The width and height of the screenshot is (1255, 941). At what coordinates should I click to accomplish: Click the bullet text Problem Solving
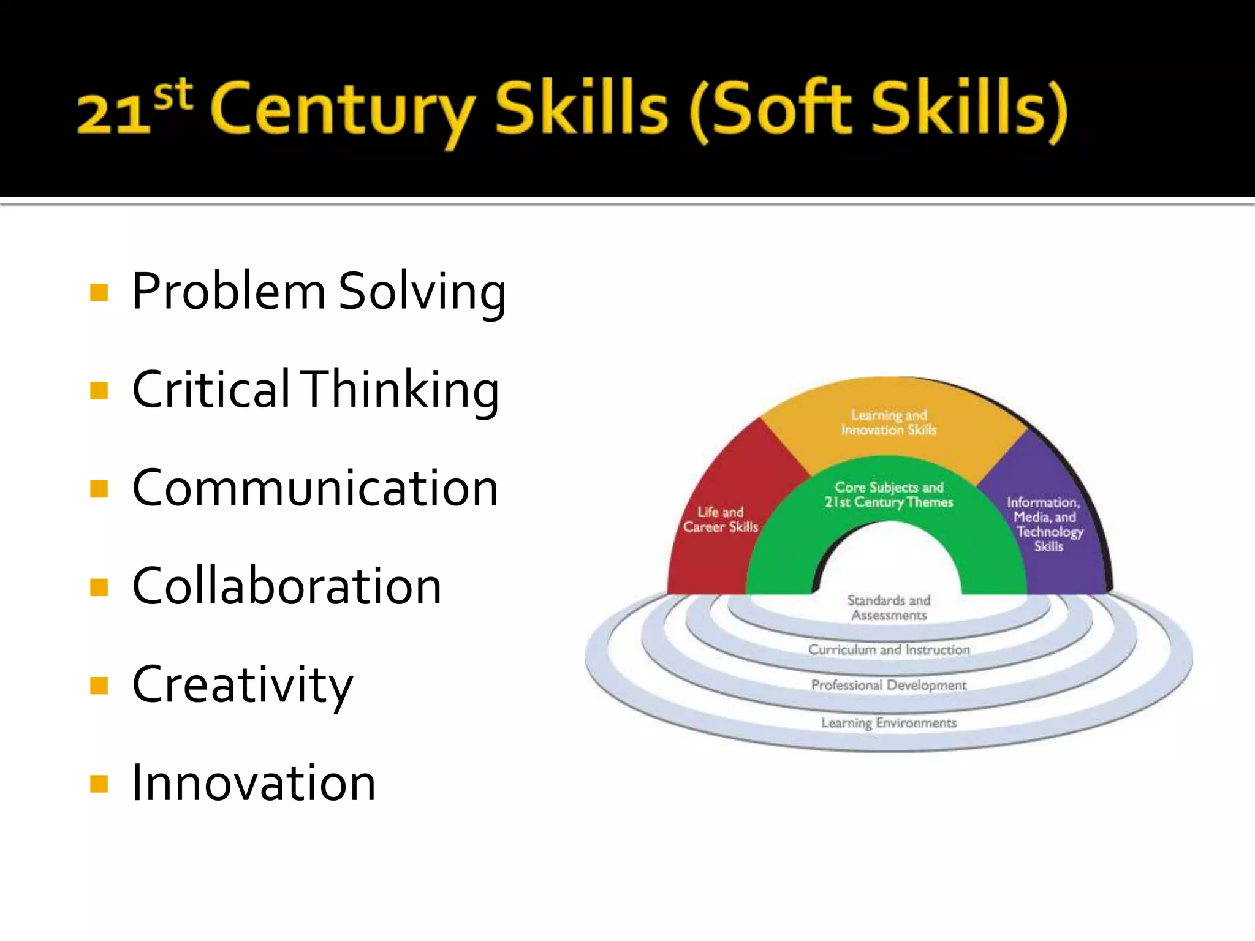[x=319, y=292]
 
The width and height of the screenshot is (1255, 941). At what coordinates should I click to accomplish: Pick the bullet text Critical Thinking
[x=316, y=390]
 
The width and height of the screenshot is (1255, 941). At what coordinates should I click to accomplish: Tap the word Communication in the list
[x=316, y=488]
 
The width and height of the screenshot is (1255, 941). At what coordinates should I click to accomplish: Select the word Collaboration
[x=287, y=586]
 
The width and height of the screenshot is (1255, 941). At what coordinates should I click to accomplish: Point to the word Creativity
[x=243, y=685]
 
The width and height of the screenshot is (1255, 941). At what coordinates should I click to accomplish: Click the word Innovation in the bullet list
[x=254, y=783]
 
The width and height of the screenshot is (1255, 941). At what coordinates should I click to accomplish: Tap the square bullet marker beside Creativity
[x=99, y=686]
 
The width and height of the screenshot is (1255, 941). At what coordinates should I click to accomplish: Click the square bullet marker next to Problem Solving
[x=99, y=292]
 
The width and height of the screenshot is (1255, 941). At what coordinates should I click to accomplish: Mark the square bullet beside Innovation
[x=99, y=784]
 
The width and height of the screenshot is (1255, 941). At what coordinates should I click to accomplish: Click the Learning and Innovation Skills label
[x=889, y=423]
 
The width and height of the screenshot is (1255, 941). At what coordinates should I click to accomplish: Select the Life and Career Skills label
[x=721, y=520]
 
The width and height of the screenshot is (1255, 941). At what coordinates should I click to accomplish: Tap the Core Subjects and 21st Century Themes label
[x=889, y=495]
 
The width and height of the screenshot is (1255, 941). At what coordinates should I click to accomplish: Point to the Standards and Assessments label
[x=889, y=608]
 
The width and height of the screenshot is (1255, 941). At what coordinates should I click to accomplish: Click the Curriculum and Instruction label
[x=889, y=649]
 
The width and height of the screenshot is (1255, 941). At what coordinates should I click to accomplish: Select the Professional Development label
[x=889, y=685]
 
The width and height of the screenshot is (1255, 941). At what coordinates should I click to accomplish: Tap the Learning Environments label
[x=889, y=723]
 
